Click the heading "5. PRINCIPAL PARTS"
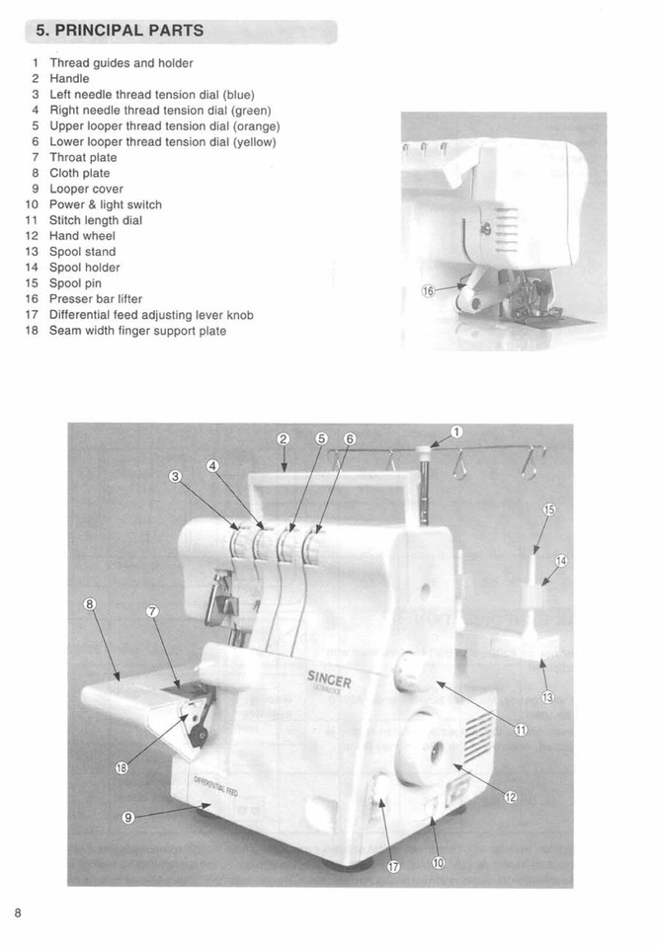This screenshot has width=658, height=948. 120,31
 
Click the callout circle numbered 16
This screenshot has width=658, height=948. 429,291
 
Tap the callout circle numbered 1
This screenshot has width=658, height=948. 456,432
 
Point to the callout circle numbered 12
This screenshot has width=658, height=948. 511,797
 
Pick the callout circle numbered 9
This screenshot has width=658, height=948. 127,816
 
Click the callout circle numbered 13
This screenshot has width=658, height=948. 547,698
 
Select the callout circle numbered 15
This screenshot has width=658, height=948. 549,510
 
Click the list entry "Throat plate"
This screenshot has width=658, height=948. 83,157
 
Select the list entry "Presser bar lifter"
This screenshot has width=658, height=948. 96,299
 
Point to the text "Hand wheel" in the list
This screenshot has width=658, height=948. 82,236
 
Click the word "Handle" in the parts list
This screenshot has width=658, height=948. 69,78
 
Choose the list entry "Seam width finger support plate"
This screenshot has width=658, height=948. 137,331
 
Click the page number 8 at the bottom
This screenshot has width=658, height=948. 18,912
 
